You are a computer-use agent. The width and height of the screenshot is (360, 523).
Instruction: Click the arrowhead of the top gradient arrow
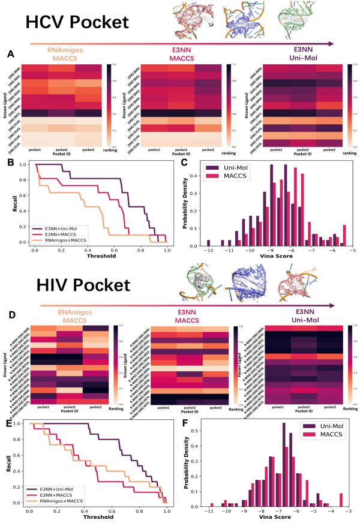click(x=331, y=43)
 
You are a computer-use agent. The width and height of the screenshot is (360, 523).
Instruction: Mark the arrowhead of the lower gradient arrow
click(x=331, y=306)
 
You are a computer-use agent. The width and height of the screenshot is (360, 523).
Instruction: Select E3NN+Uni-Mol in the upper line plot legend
click(x=65, y=228)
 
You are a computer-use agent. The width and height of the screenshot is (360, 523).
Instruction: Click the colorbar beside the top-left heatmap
click(x=108, y=104)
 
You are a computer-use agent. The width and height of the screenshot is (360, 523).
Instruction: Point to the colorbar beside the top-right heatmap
click(x=351, y=104)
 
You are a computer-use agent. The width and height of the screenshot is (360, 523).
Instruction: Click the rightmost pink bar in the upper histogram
click(x=345, y=235)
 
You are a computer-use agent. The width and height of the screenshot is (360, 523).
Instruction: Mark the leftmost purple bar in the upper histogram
click(x=209, y=243)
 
